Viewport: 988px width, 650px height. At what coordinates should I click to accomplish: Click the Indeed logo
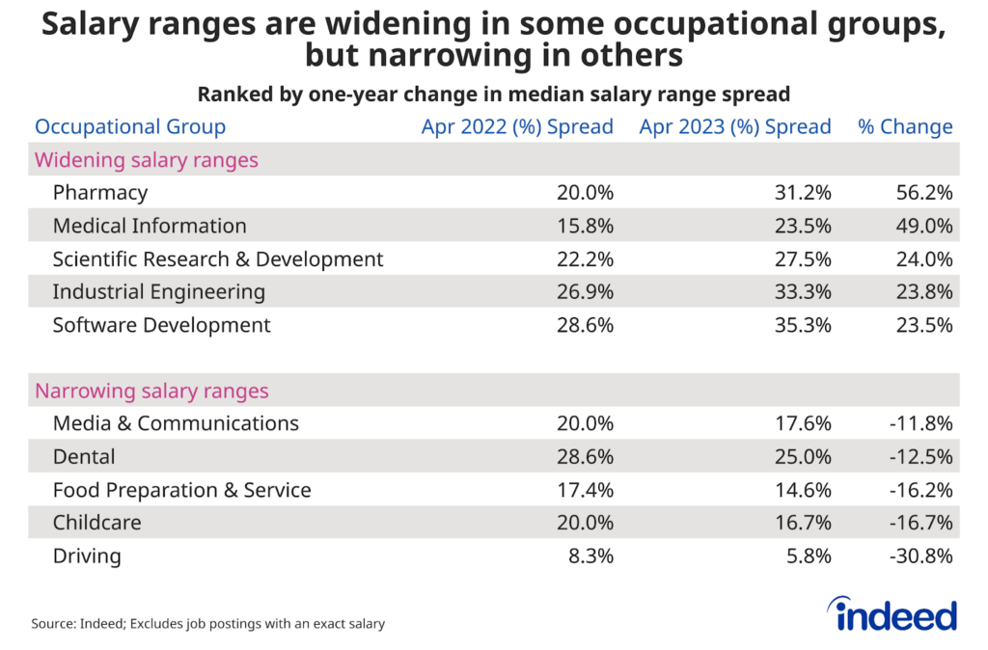pyautogui.click(x=892, y=614)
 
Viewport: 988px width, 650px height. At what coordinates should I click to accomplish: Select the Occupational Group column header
pyautogui.click(x=130, y=127)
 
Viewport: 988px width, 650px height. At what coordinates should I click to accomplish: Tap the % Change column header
pyautogui.click(x=905, y=127)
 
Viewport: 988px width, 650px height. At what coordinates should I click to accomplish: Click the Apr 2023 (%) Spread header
pyautogui.click(x=734, y=127)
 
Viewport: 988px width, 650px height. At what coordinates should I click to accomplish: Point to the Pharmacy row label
pyautogui.click(x=100, y=193)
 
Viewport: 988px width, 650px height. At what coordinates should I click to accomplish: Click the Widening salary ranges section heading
pyautogui.click(x=147, y=160)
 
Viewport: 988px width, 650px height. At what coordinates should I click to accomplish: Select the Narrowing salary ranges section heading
pyautogui.click(x=151, y=392)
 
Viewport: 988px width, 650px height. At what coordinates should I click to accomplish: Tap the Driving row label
pyautogui.click(x=87, y=555)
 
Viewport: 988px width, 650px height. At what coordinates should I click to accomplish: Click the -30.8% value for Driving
pyautogui.click(x=921, y=555)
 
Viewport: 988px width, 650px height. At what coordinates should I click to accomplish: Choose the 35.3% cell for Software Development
pyautogui.click(x=803, y=325)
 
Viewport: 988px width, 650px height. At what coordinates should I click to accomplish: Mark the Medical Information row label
pyautogui.click(x=150, y=226)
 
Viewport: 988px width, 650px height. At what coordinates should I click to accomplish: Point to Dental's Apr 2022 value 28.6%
pyautogui.click(x=585, y=457)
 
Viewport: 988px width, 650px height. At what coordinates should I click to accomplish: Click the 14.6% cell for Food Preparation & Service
pyautogui.click(x=803, y=490)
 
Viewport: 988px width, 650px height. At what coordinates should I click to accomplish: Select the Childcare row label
pyautogui.click(x=96, y=523)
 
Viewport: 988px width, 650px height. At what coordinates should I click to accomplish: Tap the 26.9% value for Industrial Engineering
pyautogui.click(x=585, y=292)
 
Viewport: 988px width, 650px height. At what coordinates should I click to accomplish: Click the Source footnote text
pyautogui.click(x=208, y=624)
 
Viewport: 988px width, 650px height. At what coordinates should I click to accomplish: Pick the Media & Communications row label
pyautogui.click(x=176, y=423)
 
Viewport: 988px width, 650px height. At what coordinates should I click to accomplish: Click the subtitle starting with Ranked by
pyautogui.click(x=494, y=95)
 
